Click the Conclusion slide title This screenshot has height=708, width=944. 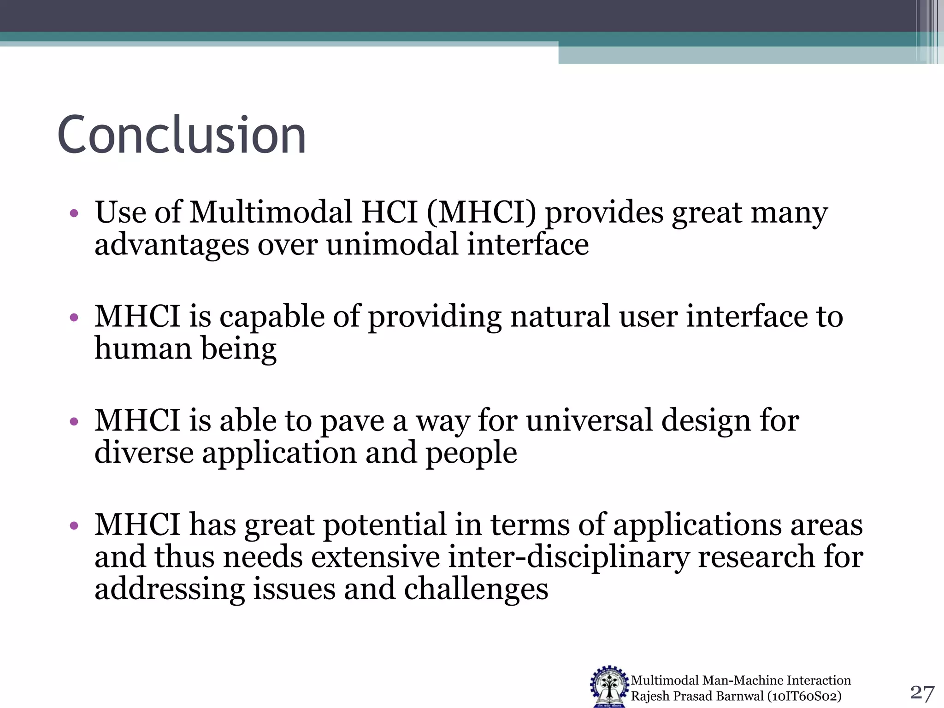pyautogui.click(x=182, y=135)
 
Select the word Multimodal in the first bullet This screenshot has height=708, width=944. pyautogui.click(x=271, y=213)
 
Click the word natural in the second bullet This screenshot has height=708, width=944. pyautogui.click(x=560, y=317)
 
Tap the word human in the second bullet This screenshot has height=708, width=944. pyautogui.click(x=143, y=348)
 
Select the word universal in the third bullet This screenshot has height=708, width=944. pyautogui.click(x=590, y=421)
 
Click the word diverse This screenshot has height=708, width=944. pyautogui.click(x=144, y=453)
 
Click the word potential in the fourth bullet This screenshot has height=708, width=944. pyautogui.click(x=385, y=525)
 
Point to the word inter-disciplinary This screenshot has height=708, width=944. pyautogui.click(x=569, y=557)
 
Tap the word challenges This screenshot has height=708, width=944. pyautogui.click(x=476, y=590)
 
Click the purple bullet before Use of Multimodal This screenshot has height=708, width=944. pyautogui.click(x=74, y=213)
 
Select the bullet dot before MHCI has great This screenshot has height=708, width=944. pyautogui.click(x=74, y=525)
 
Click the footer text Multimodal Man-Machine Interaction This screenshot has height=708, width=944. pyautogui.click(x=740, y=680)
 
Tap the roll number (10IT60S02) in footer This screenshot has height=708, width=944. pyautogui.click(x=804, y=696)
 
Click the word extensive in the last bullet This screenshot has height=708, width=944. pyautogui.click(x=375, y=557)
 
